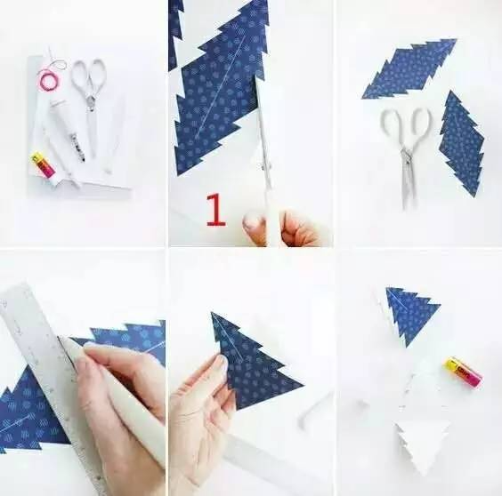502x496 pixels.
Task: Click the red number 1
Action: pyautogui.click(x=215, y=210)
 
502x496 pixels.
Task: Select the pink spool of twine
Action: pyautogui.click(x=47, y=80)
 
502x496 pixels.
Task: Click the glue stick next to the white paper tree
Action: pyautogui.click(x=462, y=372)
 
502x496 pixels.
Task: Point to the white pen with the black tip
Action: pyautogui.click(x=67, y=128)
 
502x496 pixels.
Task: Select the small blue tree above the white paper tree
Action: pyautogui.click(x=410, y=314)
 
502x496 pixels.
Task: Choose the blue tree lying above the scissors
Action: pyautogui.click(x=409, y=68)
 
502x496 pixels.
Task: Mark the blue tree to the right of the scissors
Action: pyautogui.click(x=461, y=144)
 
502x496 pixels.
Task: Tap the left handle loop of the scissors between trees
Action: pyautogui.click(x=391, y=126)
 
